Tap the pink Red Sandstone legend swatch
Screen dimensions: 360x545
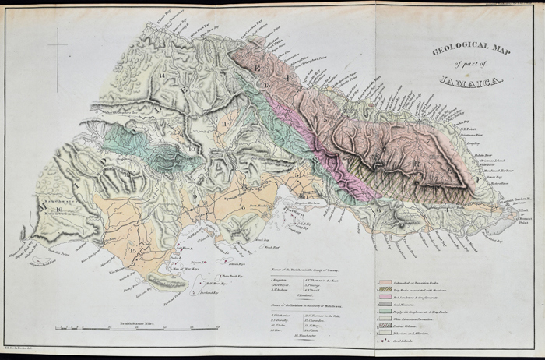[x=378, y=298]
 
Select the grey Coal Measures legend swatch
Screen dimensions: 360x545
[x=378, y=306]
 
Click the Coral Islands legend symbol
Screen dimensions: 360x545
[x=378, y=350]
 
